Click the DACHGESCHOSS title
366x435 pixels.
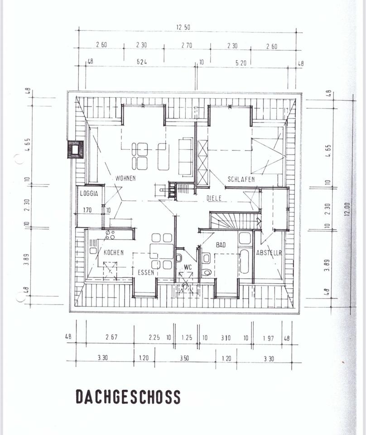(128, 396)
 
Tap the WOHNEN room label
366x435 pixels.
(125, 178)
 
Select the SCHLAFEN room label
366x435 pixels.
(241, 179)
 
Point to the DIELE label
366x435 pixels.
(214, 198)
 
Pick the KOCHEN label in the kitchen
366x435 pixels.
(113, 252)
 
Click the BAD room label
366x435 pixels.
(221, 245)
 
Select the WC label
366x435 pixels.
(188, 267)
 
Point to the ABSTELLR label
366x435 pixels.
(269, 253)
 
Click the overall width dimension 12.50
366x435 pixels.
(183, 27)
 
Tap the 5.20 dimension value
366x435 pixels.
(241, 63)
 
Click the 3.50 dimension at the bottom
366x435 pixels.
(184, 358)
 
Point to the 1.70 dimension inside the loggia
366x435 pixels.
(87, 210)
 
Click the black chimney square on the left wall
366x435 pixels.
(75, 149)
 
